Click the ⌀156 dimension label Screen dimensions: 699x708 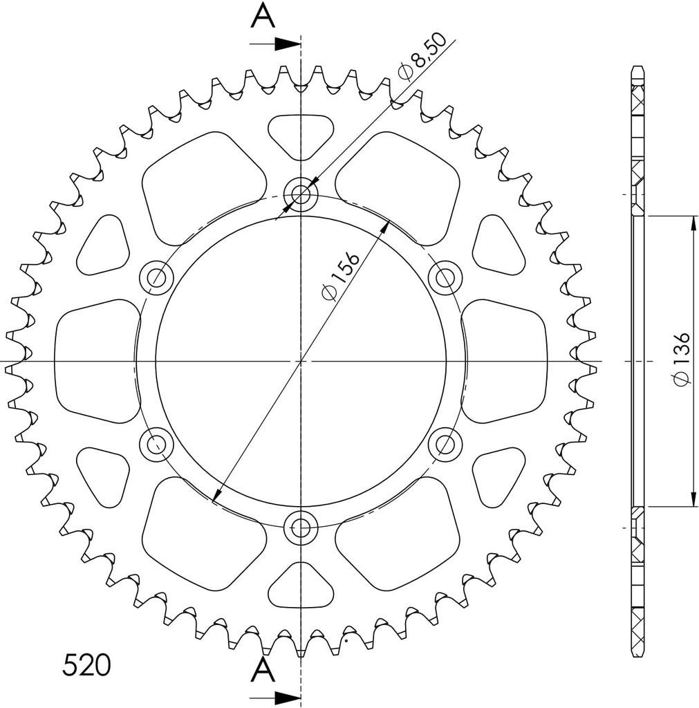pos(340,275)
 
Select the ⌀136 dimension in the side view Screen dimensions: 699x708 pos(682,360)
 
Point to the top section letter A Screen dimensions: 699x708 pos(263,17)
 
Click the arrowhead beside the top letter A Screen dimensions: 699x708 pos(288,44)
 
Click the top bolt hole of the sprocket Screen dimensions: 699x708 pos(301,195)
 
